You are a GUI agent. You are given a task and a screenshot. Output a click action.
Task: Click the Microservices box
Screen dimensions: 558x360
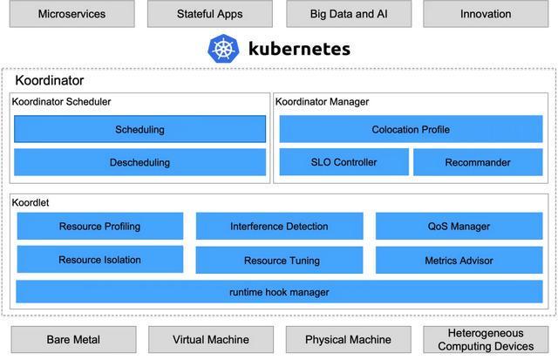pyautogui.click(x=71, y=14)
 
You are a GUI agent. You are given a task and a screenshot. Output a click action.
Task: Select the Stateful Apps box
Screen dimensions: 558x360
pyautogui.click(x=210, y=14)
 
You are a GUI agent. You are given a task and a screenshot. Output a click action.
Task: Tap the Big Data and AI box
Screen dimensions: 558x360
pyautogui.click(x=349, y=14)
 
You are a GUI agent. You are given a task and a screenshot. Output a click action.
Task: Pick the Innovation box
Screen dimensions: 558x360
pyautogui.click(x=486, y=14)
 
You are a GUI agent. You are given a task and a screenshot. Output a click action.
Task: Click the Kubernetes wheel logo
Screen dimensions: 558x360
pyautogui.click(x=223, y=49)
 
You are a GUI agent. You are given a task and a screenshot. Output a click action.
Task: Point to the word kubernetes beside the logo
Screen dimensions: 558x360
pyautogui.click(x=299, y=49)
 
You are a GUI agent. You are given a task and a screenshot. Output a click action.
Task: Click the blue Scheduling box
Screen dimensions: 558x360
pyautogui.click(x=139, y=129)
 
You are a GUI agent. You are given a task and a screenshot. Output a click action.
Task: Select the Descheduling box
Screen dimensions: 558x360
pyautogui.click(x=139, y=162)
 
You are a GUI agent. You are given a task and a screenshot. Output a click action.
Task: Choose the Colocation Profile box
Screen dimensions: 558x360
pyautogui.click(x=411, y=129)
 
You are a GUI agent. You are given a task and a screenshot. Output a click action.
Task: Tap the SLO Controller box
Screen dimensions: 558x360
pyautogui.click(x=344, y=162)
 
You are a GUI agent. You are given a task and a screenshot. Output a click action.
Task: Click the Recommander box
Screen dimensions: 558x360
pyautogui.click(x=478, y=162)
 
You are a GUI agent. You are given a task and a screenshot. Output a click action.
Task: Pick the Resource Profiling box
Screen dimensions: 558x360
pyautogui.click(x=100, y=226)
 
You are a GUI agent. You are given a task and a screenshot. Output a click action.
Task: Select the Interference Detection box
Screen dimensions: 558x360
pyautogui.click(x=279, y=226)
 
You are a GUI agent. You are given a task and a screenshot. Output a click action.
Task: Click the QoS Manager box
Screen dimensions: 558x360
pyautogui.click(x=459, y=226)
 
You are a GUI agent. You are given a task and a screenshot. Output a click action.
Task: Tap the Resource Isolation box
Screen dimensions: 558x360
pyautogui.click(x=100, y=260)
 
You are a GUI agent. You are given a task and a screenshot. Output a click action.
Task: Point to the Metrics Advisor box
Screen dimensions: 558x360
pyautogui.click(x=459, y=260)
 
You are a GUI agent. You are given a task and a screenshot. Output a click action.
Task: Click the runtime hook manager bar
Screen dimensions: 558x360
pyautogui.click(x=279, y=292)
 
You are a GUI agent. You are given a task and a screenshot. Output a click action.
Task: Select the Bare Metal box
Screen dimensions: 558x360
pyautogui.click(x=73, y=339)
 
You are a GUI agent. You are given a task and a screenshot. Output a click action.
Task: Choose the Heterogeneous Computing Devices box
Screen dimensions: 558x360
pyautogui.click(x=486, y=339)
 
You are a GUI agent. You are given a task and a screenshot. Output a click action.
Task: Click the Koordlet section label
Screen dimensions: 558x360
pyautogui.click(x=31, y=202)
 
